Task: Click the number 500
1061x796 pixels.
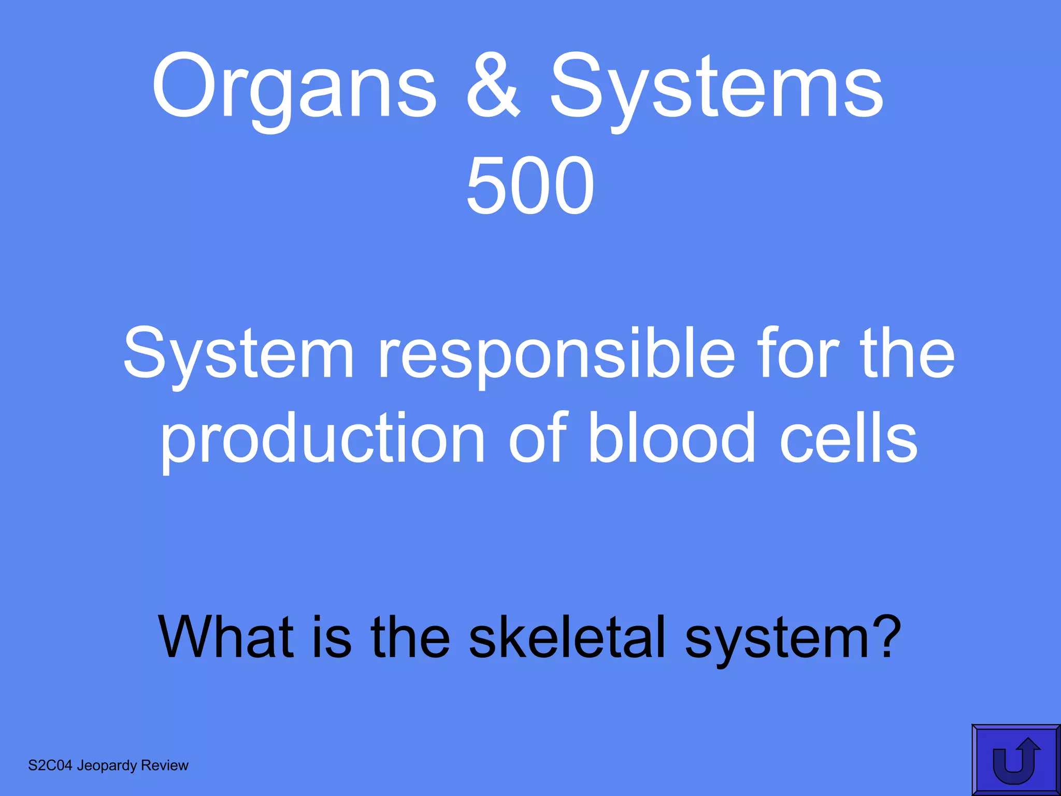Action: click(529, 186)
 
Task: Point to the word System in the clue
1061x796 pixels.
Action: click(238, 354)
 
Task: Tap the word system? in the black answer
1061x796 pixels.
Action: click(793, 638)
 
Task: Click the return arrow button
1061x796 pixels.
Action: click(1016, 760)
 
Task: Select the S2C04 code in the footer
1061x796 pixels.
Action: click(50, 765)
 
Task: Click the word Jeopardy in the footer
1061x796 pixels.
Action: click(107, 766)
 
